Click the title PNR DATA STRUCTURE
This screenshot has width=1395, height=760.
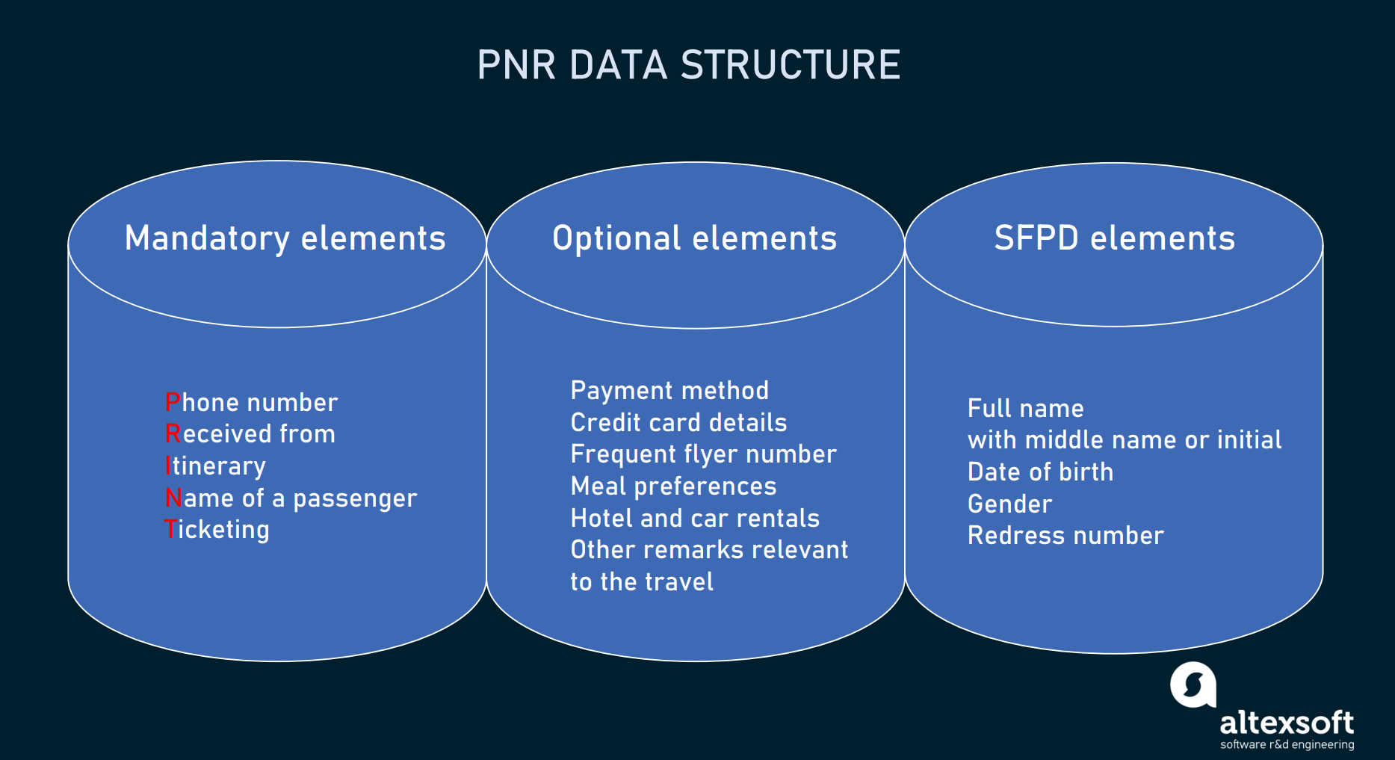[x=689, y=65]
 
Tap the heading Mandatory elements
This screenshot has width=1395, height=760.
[x=285, y=239]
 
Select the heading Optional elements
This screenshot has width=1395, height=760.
[x=694, y=239]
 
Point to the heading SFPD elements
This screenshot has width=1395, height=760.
[x=1114, y=238]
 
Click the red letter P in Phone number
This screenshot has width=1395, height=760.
[x=173, y=402]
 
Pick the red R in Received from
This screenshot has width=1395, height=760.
[x=173, y=433]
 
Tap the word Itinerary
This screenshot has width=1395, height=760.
[x=215, y=466]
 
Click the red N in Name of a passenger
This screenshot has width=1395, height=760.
[x=174, y=498]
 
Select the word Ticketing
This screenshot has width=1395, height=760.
[x=217, y=530]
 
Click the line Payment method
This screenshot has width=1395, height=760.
[x=669, y=391]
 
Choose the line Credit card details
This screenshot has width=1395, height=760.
[x=678, y=422]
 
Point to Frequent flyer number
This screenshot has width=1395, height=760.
[x=703, y=454]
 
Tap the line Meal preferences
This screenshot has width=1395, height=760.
[x=673, y=486]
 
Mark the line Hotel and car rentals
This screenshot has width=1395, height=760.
[x=695, y=518]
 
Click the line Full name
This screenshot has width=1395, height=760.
[x=1025, y=409]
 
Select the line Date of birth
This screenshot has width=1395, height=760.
[x=1040, y=472]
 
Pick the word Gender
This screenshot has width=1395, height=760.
[x=1009, y=504]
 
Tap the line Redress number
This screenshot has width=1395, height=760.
[x=1065, y=536]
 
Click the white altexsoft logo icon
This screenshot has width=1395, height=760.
[x=1193, y=685]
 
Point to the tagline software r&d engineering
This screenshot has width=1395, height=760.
[x=1287, y=744]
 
